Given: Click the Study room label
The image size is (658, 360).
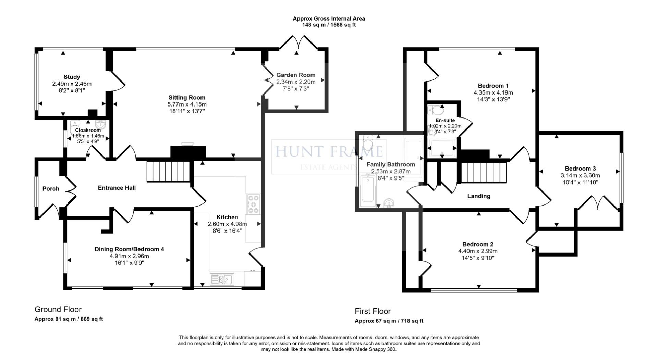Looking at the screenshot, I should click(x=72, y=77).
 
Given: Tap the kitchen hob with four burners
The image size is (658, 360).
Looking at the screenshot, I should click(x=253, y=204).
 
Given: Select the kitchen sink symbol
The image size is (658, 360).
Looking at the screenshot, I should click(x=222, y=279).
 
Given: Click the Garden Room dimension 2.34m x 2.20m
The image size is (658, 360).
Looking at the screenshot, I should click(x=296, y=82).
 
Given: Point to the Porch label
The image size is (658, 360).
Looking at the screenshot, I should click(x=51, y=189).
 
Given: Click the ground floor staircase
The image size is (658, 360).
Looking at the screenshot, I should click(x=167, y=172).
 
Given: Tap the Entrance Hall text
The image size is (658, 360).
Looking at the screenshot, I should click(x=117, y=188).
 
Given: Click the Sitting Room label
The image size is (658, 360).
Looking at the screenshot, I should click(x=187, y=98).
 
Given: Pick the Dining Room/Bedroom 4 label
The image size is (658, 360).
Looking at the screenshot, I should click(x=129, y=249).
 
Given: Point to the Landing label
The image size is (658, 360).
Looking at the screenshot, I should click(x=479, y=196).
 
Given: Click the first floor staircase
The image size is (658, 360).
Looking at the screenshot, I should click(x=484, y=173).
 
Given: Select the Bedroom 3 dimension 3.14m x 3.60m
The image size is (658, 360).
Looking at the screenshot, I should click(x=582, y=175).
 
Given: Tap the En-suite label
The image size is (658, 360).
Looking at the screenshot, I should click(x=445, y=120).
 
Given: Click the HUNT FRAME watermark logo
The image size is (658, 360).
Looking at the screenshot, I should click(x=329, y=152).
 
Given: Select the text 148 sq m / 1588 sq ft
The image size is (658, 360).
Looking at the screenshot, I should click(x=329, y=25).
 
